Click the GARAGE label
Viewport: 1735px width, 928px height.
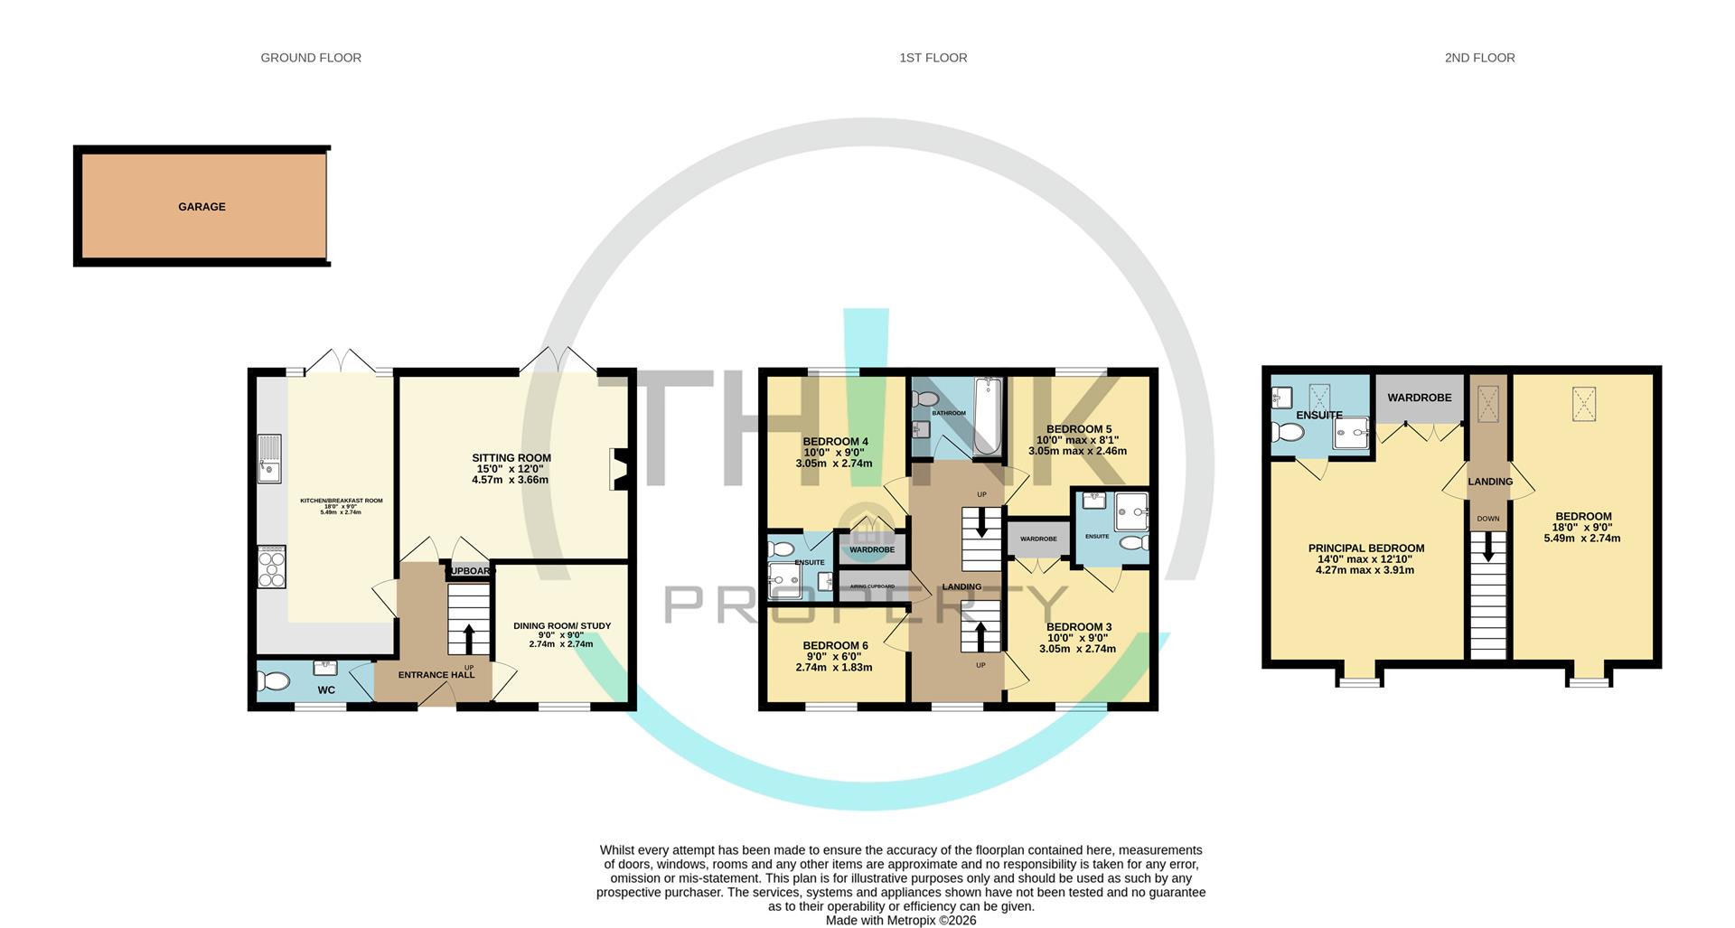point(202,207)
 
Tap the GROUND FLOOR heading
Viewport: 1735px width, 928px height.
point(311,58)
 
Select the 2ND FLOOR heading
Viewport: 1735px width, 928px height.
point(1479,58)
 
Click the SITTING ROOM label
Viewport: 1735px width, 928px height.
point(511,458)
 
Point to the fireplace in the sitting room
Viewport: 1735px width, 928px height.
point(620,469)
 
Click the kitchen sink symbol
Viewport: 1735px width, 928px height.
point(269,458)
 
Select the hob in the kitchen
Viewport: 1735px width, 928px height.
point(271,567)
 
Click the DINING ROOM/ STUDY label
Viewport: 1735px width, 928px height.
point(562,626)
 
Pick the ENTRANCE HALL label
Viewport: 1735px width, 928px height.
point(436,675)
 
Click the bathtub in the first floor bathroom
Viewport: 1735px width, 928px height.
point(989,416)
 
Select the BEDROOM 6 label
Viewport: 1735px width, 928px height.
point(835,646)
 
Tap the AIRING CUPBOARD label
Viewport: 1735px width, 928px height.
point(872,586)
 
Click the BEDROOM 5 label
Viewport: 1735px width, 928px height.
point(1078,429)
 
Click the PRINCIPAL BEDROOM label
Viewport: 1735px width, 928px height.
point(1365,548)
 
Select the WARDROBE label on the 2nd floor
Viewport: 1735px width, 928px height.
point(1419,398)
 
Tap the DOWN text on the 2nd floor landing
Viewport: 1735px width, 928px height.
point(1487,519)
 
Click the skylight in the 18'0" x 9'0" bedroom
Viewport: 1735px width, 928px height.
point(1582,403)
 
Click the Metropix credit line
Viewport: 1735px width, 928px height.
point(900,921)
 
